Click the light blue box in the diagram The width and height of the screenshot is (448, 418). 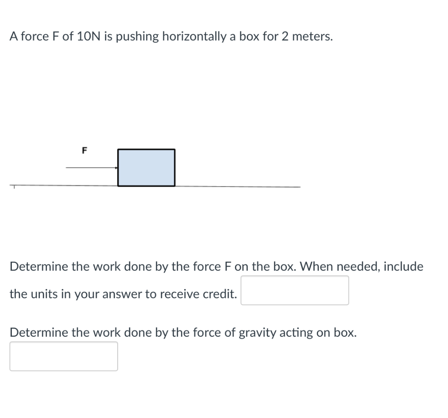point(146,167)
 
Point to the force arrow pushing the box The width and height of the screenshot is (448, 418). point(91,167)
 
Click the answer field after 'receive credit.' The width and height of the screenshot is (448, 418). point(294,290)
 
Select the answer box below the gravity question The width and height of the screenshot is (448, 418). point(63,356)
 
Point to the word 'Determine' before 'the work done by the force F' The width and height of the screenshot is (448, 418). point(39,266)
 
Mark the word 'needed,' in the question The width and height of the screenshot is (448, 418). point(357,266)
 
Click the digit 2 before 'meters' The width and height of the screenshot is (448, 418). point(285,37)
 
